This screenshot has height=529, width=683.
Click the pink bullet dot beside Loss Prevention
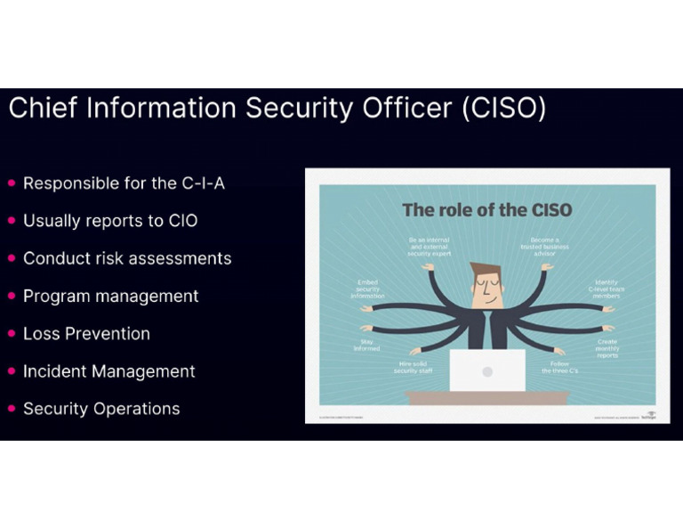point(12,334)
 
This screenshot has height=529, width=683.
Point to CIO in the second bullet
point(182,221)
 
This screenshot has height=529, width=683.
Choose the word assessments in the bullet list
point(181,258)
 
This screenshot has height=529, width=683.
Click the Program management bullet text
point(110,297)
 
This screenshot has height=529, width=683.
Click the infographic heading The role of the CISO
point(486,210)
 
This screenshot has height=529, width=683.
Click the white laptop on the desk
point(486,370)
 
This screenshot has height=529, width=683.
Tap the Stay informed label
point(366,345)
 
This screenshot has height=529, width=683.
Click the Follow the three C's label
point(559,367)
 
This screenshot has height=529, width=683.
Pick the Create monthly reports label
point(607,347)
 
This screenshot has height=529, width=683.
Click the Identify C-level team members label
point(607,289)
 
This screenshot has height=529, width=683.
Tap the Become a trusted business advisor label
point(543,246)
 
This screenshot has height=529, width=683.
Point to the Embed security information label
point(367,289)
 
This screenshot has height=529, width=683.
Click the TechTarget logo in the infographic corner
point(650,415)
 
